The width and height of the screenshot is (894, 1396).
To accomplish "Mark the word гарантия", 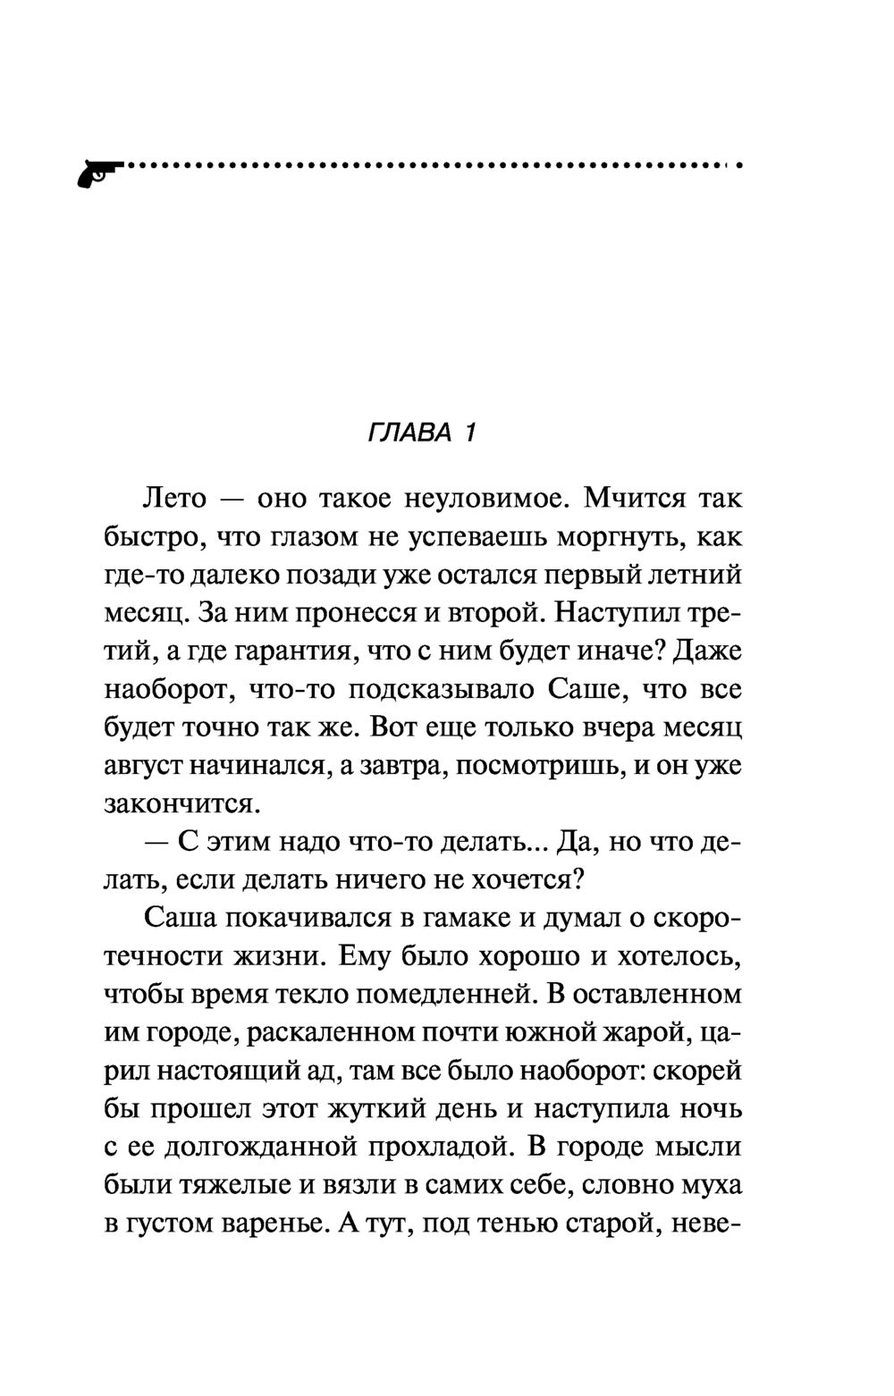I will (295, 652).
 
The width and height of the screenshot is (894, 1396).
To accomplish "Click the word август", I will (147, 768).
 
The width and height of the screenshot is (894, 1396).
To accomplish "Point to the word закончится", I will (181, 805).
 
